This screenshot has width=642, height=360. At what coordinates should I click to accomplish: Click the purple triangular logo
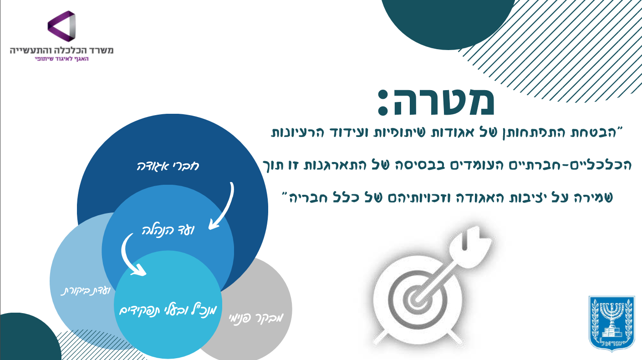coord(62,26)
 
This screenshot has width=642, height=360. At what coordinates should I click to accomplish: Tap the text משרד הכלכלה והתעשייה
coord(62,50)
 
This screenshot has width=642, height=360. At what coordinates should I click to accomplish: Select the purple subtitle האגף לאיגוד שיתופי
coord(61,59)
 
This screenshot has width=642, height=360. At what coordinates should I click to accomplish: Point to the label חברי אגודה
coord(168,166)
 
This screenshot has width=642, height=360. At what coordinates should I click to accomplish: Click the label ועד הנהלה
coord(168,230)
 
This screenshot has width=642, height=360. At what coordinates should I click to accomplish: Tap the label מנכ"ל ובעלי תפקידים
coord(168,310)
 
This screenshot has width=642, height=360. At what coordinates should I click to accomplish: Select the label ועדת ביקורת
coord(86,291)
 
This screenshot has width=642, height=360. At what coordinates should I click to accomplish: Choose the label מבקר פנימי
coord(256,318)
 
